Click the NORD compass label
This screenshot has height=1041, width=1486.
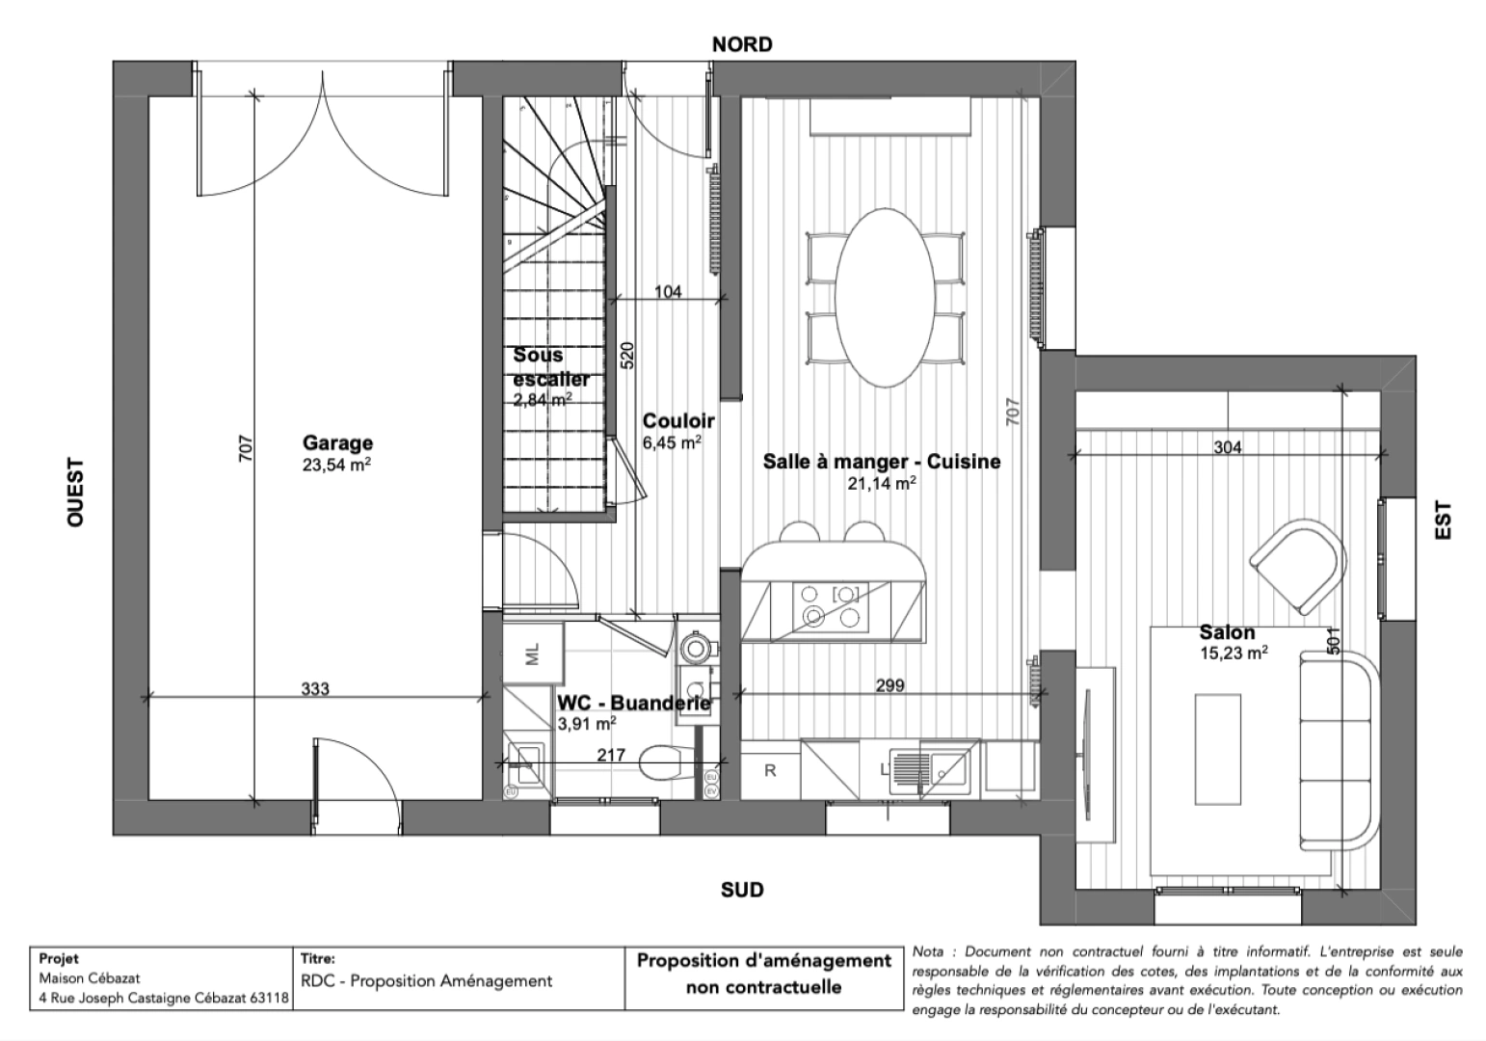pos(741,44)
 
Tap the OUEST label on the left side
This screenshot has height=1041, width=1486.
pos(76,492)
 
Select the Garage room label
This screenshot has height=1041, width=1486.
pos(337,443)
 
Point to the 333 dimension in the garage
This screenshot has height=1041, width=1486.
pos(315,688)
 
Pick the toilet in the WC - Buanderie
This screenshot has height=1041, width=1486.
pos(666,761)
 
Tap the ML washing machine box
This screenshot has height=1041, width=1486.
pos(532,654)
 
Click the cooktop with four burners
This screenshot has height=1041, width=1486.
pos(832,605)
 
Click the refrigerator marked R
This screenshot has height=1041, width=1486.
pos(770,770)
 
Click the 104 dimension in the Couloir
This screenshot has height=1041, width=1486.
pos(668,290)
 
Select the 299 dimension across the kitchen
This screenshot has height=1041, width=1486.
pos(889,685)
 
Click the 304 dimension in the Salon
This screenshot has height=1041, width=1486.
pos(1227,447)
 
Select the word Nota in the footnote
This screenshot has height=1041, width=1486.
pos(929,952)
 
